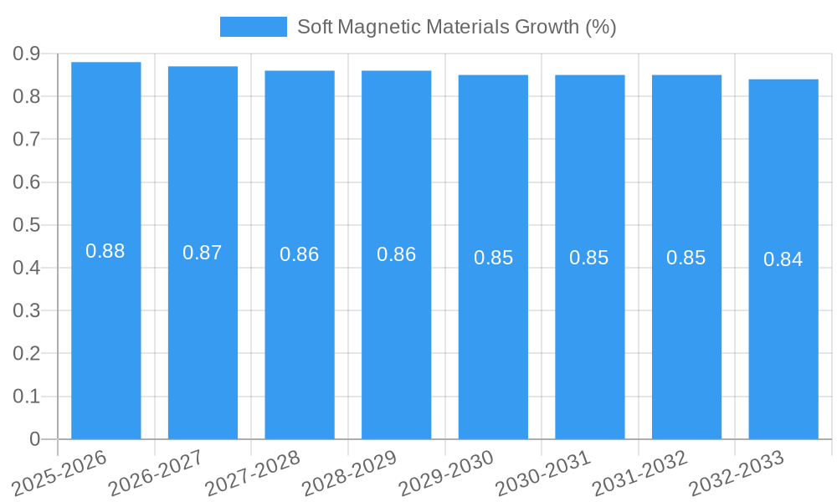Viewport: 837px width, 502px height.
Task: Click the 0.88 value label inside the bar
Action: click(105, 251)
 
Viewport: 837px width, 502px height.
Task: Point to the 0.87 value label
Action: click(203, 253)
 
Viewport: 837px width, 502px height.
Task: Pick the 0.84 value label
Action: click(783, 259)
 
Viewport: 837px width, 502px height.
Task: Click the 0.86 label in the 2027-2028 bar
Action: click(300, 254)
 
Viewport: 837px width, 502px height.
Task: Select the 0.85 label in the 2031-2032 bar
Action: click(686, 258)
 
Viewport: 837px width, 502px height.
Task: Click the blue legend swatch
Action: click(253, 27)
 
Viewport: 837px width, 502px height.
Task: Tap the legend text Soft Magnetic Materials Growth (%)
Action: click(457, 27)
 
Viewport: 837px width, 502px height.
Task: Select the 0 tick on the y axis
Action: click(34, 439)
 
